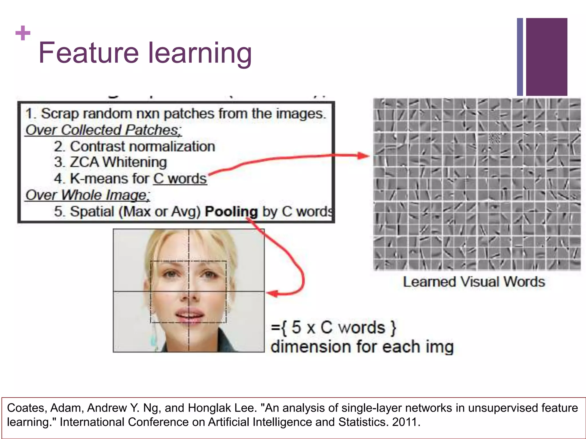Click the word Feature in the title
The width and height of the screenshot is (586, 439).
(x=89, y=53)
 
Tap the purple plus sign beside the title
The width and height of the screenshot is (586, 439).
(x=23, y=33)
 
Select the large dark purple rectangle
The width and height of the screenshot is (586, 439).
(x=547, y=57)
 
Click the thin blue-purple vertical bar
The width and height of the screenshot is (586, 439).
(x=520, y=57)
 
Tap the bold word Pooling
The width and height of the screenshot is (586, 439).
(x=231, y=212)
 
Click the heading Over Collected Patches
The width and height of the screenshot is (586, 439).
(x=103, y=130)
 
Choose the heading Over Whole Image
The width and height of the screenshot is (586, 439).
(x=88, y=195)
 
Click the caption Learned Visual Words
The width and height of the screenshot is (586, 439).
(x=474, y=282)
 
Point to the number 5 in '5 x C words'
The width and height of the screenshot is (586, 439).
(x=296, y=328)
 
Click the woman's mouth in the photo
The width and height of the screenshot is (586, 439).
(x=189, y=314)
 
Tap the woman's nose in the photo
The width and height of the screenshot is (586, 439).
(x=189, y=294)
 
